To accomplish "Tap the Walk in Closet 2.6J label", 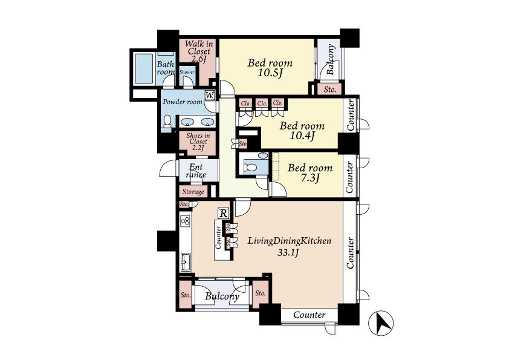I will click(199, 51).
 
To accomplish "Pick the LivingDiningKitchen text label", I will click(289, 241).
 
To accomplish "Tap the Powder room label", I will click(182, 102).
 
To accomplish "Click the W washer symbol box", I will click(210, 95).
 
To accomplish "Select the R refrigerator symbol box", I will click(223, 213).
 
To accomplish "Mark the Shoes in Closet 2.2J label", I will click(198, 142).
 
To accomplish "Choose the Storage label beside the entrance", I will click(193, 192).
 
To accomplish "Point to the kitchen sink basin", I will click(185, 263).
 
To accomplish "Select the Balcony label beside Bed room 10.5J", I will click(331, 60).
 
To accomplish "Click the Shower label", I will click(187, 71).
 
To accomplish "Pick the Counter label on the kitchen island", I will click(218, 237).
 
